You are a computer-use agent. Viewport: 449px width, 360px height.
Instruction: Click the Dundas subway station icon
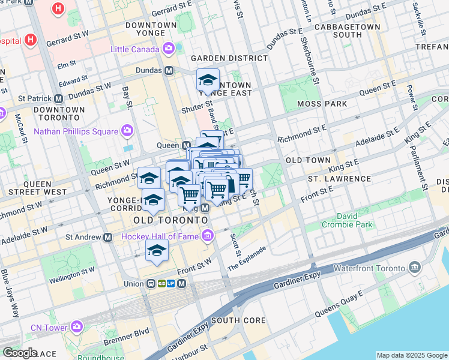click(169, 70)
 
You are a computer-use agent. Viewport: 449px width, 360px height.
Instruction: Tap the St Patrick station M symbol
click(59, 98)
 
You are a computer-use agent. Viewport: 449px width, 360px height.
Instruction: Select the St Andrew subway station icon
click(108, 237)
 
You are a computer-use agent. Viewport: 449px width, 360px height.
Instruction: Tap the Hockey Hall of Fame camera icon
click(208, 236)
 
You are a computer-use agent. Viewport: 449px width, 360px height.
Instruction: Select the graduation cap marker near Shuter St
click(208, 80)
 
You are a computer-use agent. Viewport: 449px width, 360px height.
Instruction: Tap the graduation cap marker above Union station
click(157, 250)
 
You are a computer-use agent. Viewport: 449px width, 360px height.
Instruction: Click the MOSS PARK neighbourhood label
click(322, 104)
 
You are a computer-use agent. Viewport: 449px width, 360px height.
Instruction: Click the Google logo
click(19, 353)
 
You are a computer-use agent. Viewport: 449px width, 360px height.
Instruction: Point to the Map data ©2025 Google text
click(411, 355)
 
